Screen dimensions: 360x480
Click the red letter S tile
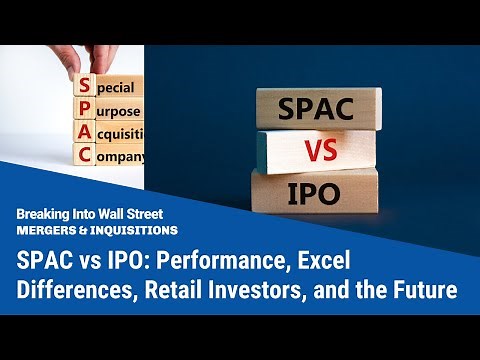point(86,87)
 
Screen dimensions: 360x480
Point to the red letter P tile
point(86,111)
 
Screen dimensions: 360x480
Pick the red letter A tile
point(86,134)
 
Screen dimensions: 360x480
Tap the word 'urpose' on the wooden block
point(120,111)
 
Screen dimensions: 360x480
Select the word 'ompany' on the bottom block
point(123,157)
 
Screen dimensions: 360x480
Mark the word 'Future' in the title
point(419,291)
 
